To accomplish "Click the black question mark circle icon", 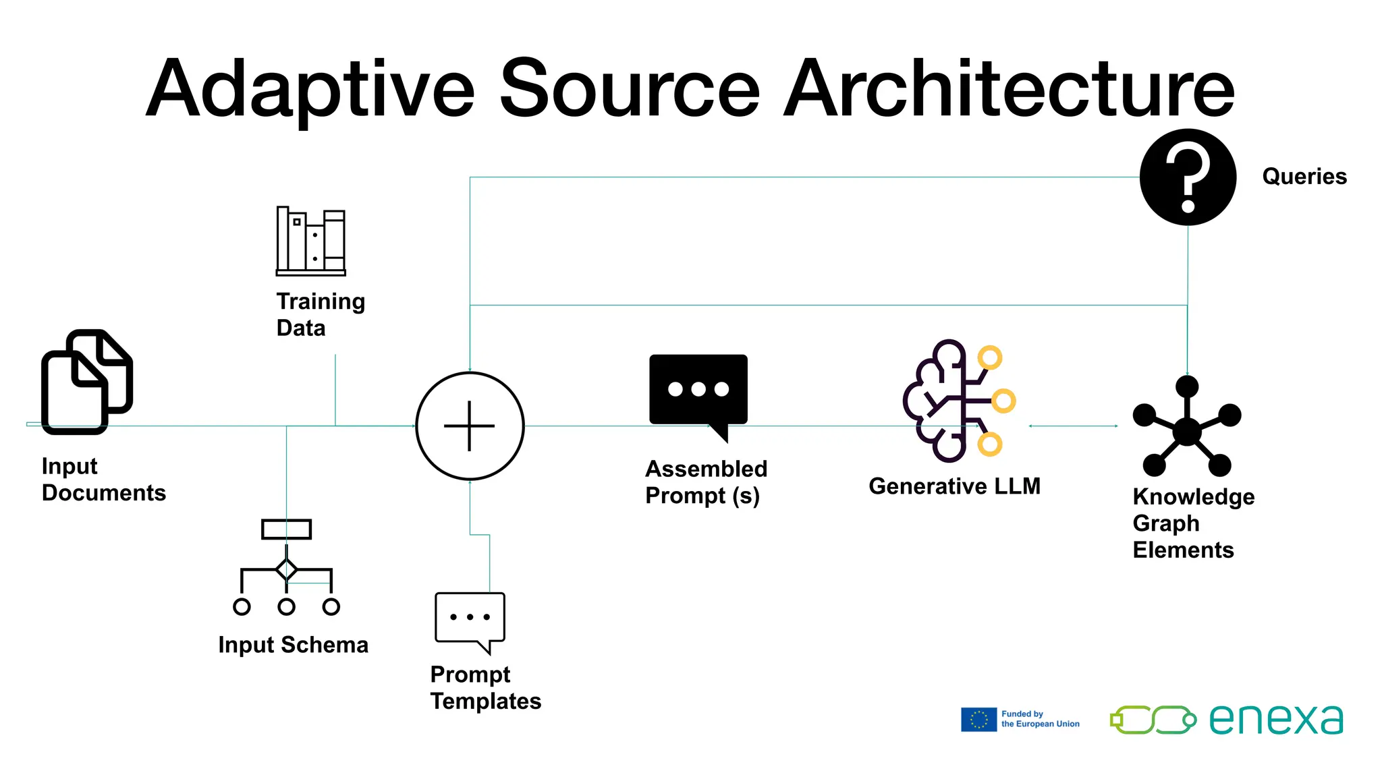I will coord(1188,177).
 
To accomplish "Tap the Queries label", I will coord(1304,177).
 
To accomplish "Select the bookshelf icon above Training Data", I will coord(311,241).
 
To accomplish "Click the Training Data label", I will coord(321,314).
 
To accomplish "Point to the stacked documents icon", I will coord(86,382).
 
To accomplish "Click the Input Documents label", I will coord(103,480).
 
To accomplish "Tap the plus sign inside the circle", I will coord(470,426).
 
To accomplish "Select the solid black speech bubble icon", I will coord(698,391).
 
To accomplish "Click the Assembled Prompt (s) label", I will coord(706,482).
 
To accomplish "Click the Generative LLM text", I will coord(954,486).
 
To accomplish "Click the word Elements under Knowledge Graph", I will coord(1183,550).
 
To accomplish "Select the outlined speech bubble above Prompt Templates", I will coord(470,619).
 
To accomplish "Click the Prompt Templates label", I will coord(485,688).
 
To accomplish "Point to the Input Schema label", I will coord(293,645).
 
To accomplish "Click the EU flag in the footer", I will coord(978,720).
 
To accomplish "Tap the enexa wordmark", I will coord(1275,720).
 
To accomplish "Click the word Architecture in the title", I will coord(1009,89).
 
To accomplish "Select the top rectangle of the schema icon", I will coord(286,529).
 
